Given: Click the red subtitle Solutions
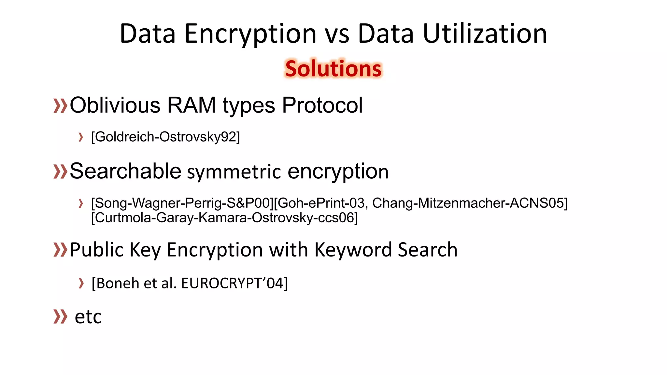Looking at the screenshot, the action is (333, 69).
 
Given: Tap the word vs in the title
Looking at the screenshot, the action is (337, 34).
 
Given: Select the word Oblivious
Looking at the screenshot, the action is (115, 105).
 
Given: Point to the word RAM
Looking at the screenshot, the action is (191, 105).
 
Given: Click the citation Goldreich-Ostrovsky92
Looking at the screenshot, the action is (165, 137).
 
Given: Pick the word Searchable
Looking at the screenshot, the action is (125, 171).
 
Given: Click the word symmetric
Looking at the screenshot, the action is (234, 172).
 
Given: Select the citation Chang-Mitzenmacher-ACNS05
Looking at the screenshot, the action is (470, 203).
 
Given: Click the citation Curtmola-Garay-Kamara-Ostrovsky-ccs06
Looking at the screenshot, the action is (224, 217).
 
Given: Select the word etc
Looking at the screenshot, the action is (88, 317).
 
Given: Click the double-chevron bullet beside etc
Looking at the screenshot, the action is (60, 317).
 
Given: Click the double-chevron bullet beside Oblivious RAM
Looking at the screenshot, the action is (60, 106).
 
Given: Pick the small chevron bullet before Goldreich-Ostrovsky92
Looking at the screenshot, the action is (81, 137).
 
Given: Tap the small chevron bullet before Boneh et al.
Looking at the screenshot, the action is (81, 283).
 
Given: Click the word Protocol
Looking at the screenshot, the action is (322, 105).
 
